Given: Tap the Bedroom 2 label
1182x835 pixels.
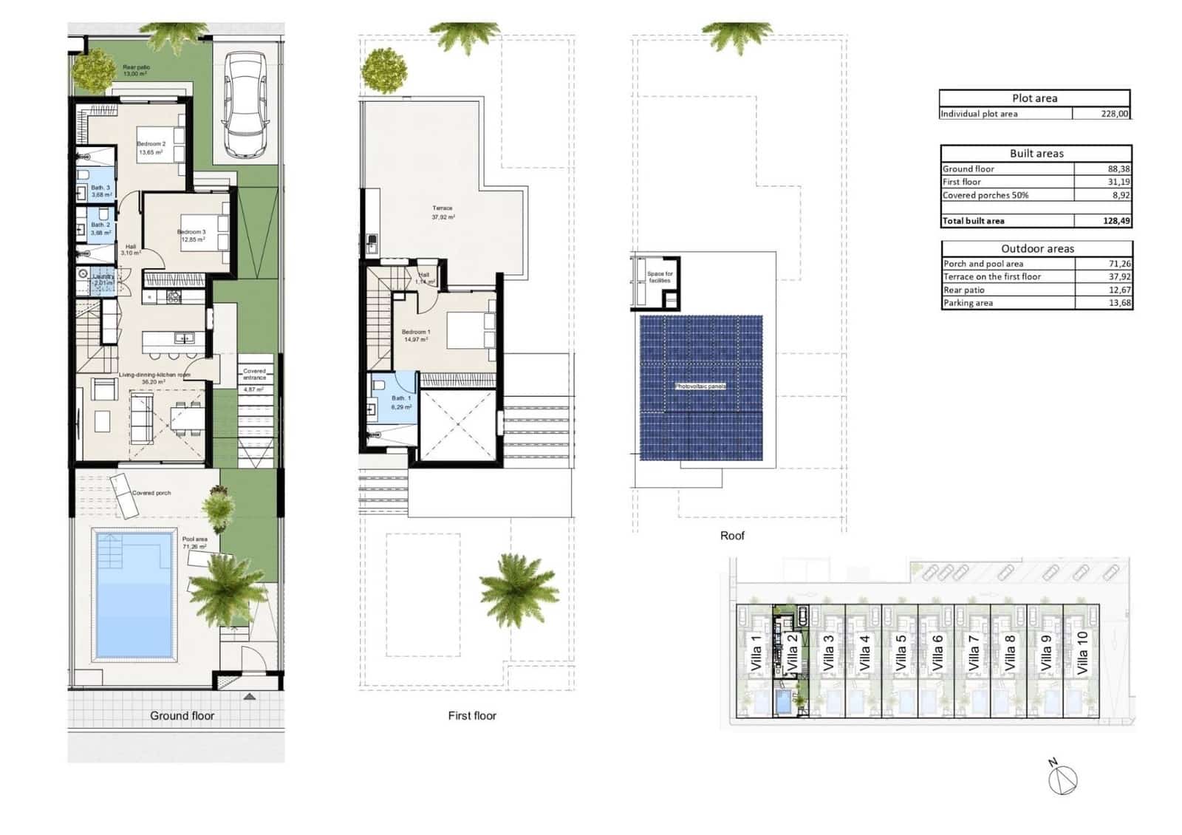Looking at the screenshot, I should [x=151, y=144].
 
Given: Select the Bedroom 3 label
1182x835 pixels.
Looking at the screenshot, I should [x=191, y=232].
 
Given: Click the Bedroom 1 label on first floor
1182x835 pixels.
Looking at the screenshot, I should [x=416, y=333].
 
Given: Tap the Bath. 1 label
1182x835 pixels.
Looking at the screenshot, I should [x=401, y=398].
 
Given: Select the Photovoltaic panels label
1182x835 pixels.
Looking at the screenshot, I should [x=700, y=386].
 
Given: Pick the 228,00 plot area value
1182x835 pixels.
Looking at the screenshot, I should [x=1114, y=114].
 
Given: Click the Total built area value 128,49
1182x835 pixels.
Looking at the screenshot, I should [x=1115, y=221].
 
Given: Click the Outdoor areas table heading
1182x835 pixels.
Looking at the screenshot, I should [x=1037, y=249].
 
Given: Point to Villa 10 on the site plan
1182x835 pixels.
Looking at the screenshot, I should [x=1082, y=652].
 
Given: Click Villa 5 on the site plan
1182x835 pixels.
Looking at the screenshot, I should [x=901, y=652].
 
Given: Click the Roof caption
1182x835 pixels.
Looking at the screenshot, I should [x=732, y=536].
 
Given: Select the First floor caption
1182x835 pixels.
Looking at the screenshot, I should [x=472, y=715].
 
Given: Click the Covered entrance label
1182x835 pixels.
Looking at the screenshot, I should [x=254, y=375].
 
